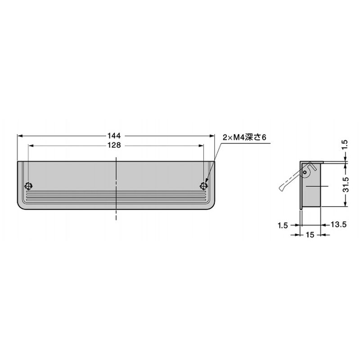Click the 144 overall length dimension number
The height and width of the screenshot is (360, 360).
click(114, 136)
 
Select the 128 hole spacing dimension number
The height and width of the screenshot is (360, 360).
click(114, 145)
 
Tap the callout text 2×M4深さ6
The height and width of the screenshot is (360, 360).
click(244, 137)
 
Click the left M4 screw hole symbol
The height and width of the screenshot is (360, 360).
click(28, 186)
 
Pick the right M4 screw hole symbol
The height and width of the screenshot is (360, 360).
click(204, 186)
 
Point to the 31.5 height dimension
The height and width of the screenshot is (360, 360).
click(345, 184)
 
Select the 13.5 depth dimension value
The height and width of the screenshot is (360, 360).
click(338, 224)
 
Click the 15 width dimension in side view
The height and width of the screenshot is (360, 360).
click(310, 234)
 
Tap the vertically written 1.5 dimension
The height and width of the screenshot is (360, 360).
click(345, 145)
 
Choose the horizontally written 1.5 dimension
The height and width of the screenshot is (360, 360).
click(283, 225)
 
